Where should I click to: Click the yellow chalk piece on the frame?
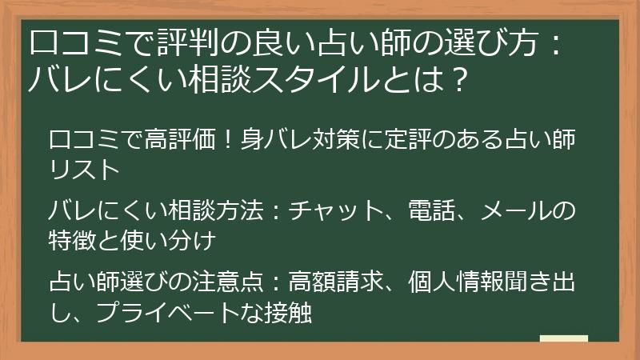[x=564, y=339]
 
